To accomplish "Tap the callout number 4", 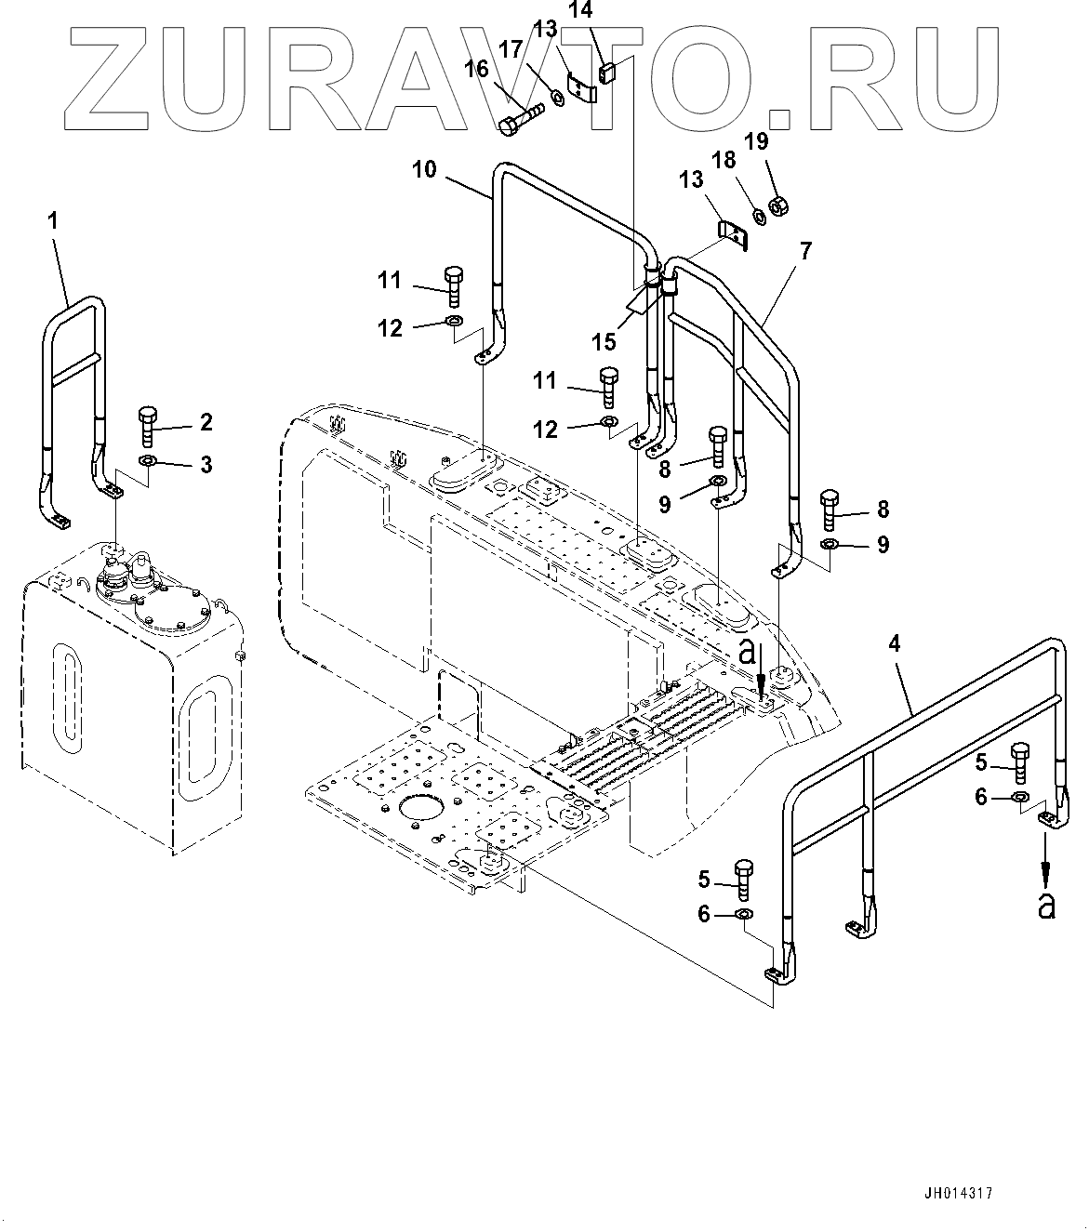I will [894, 642].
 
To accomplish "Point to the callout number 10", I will [424, 169].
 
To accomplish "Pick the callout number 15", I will [604, 341].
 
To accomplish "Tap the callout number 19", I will [756, 141].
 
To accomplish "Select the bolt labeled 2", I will [149, 427].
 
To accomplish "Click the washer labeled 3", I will [149, 461].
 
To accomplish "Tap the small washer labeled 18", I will [758, 216].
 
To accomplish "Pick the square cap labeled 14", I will [607, 71].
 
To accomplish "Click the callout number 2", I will [206, 423].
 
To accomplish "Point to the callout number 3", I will [206, 463].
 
